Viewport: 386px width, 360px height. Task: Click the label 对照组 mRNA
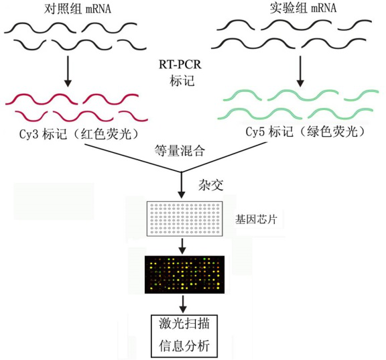point(78,9)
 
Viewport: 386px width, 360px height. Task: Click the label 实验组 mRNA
point(303,8)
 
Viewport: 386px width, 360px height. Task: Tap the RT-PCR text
point(180,65)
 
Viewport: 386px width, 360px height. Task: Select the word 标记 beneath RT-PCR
point(182,80)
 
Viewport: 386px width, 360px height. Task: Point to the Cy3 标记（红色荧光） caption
point(80,134)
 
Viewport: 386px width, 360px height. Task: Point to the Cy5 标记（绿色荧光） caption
point(306,132)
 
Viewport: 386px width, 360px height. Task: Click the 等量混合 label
point(180,150)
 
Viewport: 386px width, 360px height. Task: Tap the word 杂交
point(211,185)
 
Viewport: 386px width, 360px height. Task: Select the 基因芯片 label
point(256,219)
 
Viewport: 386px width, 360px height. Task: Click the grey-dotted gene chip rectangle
point(185,219)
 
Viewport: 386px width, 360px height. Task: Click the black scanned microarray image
point(185,275)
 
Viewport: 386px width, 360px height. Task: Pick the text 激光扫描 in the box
point(184,324)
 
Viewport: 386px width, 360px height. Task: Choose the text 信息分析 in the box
point(184,345)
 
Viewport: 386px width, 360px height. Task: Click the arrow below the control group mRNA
point(68,72)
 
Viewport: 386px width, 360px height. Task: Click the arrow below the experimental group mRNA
point(300,72)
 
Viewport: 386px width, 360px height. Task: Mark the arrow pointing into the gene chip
point(182,184)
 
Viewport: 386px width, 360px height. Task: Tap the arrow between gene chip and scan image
point(182,246)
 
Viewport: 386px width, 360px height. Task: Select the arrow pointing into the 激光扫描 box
point(182,304)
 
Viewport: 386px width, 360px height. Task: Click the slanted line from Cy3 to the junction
point(133,158)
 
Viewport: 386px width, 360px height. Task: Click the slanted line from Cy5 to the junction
point(224,157)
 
